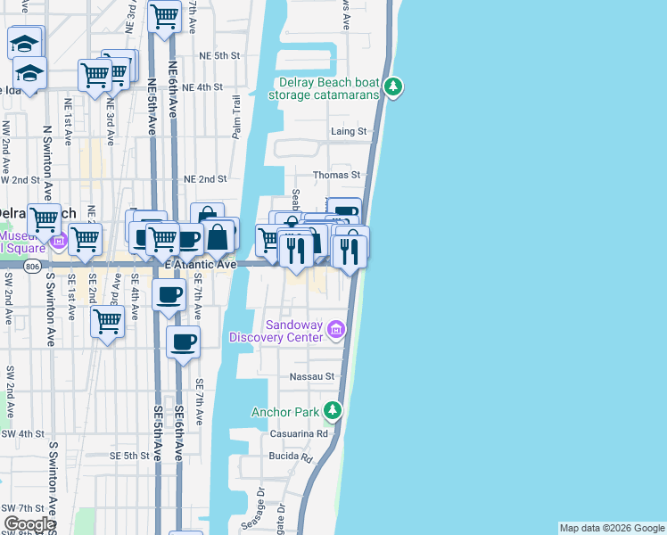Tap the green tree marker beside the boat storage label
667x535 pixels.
[393, 87]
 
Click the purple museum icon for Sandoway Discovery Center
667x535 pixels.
[336, 331]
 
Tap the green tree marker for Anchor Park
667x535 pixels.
[332, 410]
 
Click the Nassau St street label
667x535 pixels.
[311, 377]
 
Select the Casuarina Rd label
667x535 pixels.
[305, 433]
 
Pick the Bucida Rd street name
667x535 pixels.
[292, 457]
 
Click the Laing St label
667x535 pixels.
[349, 131]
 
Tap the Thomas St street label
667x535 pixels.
[342, 175]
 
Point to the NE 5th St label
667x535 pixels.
[220, 55]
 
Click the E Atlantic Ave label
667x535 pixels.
[201, 264]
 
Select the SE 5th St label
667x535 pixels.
[129, 455]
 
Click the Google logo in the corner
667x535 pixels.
[29, 524]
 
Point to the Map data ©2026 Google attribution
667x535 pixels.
[611, 528]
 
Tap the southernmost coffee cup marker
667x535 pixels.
[183, 342]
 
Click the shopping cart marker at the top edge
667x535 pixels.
[164, 16]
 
